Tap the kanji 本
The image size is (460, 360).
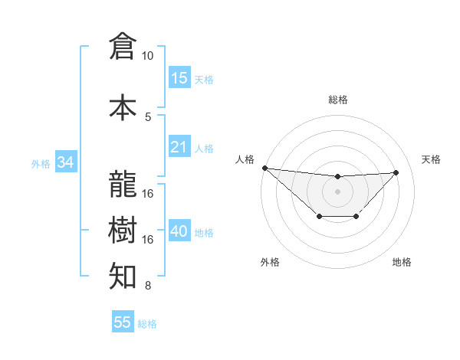[x=123, y=106]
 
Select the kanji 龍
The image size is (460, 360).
[x=123, y=184]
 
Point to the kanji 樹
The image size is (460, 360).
[x=123, y=230]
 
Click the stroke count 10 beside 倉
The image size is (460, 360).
[x=148, y=56]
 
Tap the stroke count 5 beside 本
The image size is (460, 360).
[x=148, y=117]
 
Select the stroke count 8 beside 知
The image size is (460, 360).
[x=148, y=286]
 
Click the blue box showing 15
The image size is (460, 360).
[x=179, y=78]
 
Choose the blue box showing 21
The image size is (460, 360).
[x=179, y=147]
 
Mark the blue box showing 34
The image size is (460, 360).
[x=65, y=162]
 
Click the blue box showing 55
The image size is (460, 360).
[x=123, y=322]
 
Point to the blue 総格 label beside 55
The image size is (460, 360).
[x=147, y=324]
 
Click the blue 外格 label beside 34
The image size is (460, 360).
[x=41, y=163]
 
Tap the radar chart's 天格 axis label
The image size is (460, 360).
[x=431, y=159]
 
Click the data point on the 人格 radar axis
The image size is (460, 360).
[x=264, y=168]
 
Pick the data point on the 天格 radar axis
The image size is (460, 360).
[x=396, y=172]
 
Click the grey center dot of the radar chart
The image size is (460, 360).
[x=337, y=191]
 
